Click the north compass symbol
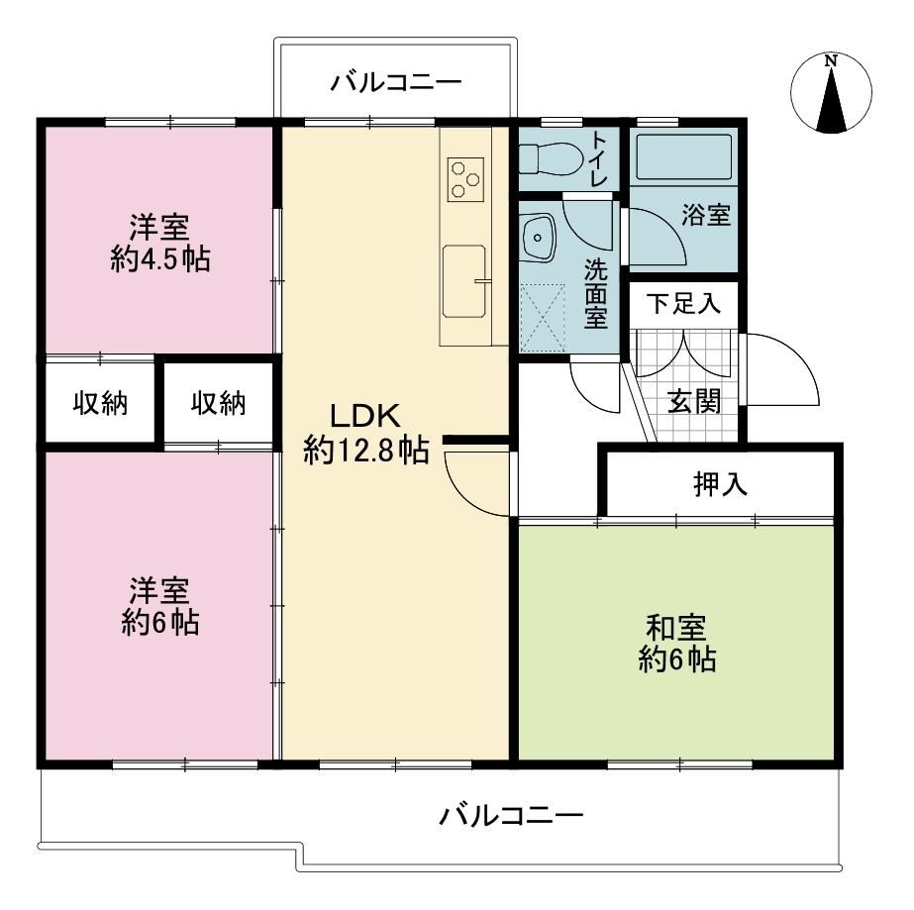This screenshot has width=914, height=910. click(831, 93)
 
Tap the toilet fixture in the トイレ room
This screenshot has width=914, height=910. click(551, 158)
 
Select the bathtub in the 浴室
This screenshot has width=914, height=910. click(683, 156)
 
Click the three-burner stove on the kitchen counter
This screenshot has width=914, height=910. click(465, 179)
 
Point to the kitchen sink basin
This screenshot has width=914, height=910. click(464, 281)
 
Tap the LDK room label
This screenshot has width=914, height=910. click(365, 416)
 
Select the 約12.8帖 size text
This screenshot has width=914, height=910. click(366, 450)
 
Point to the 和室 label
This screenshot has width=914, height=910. click(676, 627)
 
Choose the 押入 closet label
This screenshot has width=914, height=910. click(721, 484)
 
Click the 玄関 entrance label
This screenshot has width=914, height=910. click(693, 401)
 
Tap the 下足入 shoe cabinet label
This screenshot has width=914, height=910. click(683, 303)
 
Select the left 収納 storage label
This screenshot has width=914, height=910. click(100, 403)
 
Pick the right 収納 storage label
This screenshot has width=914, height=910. click(219, 403)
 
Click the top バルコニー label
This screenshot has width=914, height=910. click(396, 82)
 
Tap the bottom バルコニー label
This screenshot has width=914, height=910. click(511, 814)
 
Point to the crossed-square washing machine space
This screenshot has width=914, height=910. click(542, 318)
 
